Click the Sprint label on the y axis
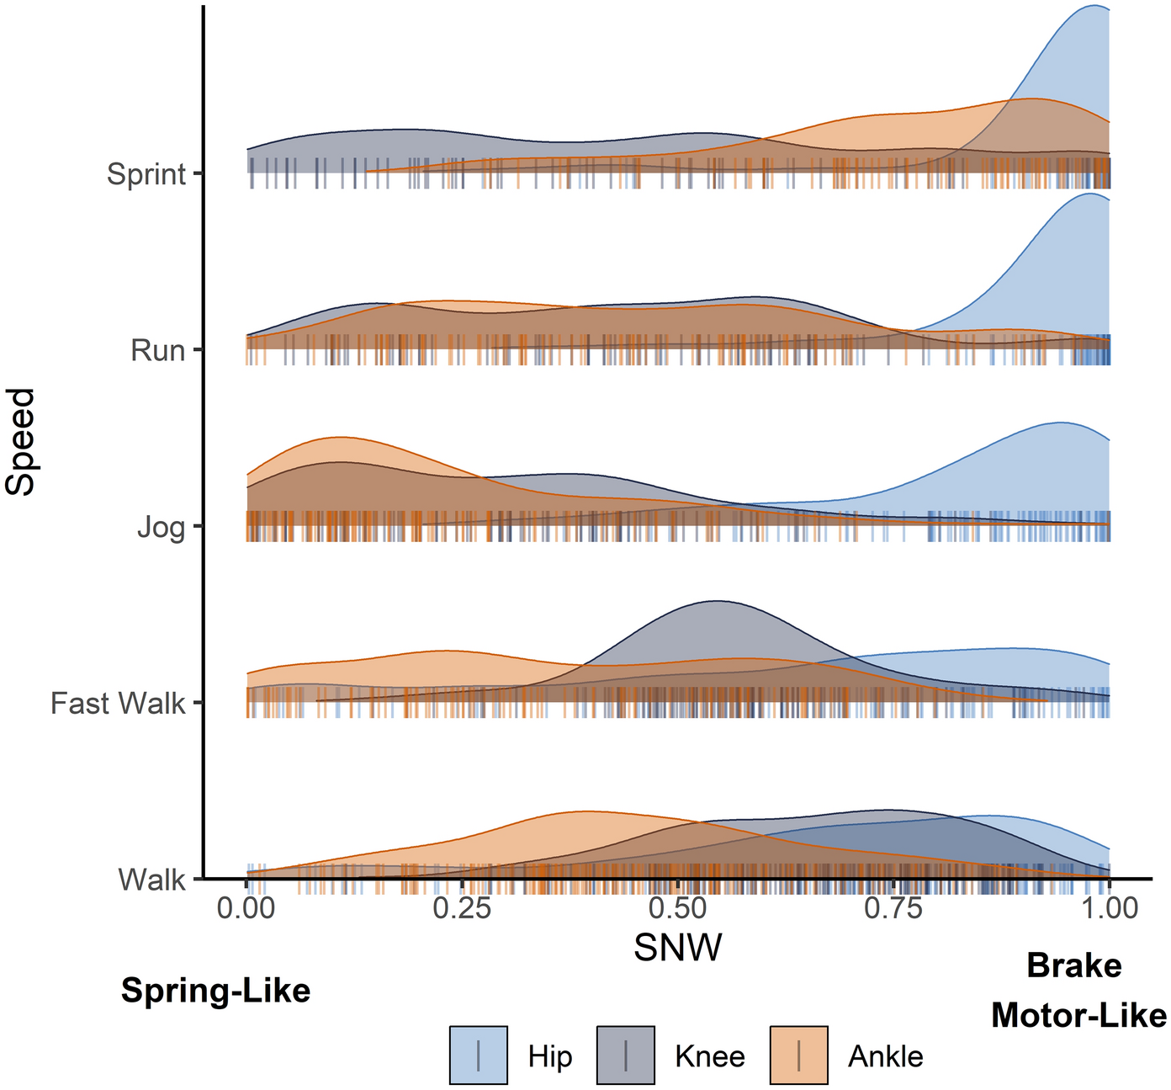pyautogui.click(x=146, y=174)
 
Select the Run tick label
pyautogui.click(x=157, y=350)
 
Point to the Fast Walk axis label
pyautogui.click(x=117, y=703)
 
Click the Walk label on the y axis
pyautogui.click(x=151, y=880)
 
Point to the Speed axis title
pyautogui.click(x=20, y=441)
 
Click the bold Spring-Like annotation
pyautogui.click(x=215, y=991)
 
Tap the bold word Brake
pyautogui.click(x=1074, y=965)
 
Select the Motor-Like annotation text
pyautogui.click(x=1078, y=1015)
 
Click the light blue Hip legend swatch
pyautogui.click(x=479, y=1055)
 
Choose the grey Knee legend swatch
pyautogui.click(x=626, y=1055)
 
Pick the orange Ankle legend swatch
pyautogui.click(x=799, y=1055)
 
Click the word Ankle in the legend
pyautogui.click(x=886, y=1056)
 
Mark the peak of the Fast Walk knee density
pyautogui.click(x=715, y=601)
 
